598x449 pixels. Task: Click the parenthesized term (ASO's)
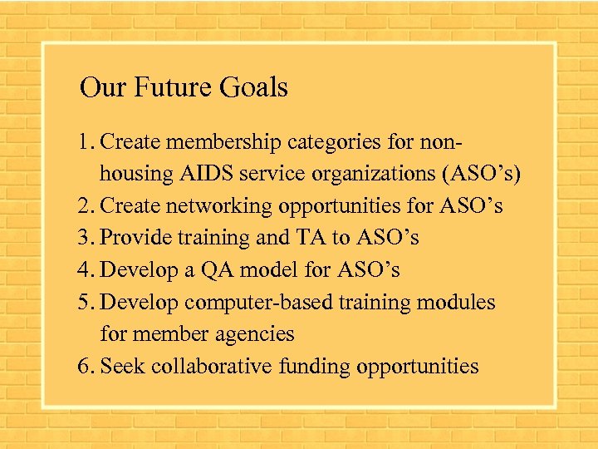(483, 174)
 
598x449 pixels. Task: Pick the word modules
(458, 302)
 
